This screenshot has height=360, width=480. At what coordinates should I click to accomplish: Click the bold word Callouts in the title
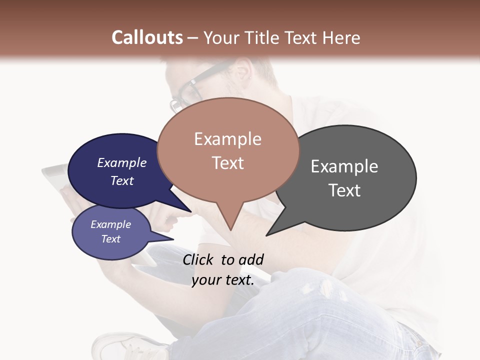point(147,37)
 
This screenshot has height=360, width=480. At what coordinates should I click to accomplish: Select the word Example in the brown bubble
point(227,139)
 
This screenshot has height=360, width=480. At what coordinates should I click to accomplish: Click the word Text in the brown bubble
point(228,163)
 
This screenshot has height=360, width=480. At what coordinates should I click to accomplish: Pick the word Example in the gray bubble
point(344,166)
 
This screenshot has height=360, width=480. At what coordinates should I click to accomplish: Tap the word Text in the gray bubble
point(344,190)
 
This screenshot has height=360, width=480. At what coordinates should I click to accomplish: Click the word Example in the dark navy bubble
point(122,162)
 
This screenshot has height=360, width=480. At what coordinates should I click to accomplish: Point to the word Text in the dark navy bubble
point(122,180)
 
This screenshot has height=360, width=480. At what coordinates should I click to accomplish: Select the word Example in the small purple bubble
point(110,224)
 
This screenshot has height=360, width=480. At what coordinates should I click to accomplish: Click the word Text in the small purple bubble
point(110,239)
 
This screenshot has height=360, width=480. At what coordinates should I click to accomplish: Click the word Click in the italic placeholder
point(199,259)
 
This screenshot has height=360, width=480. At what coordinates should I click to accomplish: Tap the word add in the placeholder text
point(251,259)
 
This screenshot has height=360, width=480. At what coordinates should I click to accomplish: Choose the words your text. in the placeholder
point(223,280)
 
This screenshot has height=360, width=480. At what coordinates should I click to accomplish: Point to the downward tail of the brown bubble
point(230,222)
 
